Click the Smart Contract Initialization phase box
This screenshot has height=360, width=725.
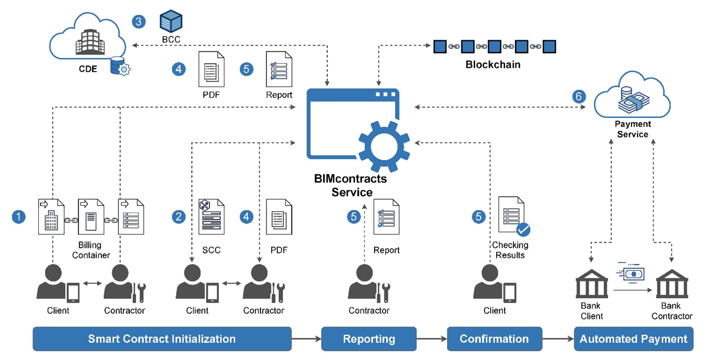(x=162, y=339)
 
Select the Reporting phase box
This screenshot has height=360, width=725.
(x=369, y=339)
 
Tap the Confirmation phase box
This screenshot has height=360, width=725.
(x=494, y=339)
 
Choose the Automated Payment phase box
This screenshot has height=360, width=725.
(x=633, y=339)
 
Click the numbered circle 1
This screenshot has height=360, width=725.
(x=18, y=217)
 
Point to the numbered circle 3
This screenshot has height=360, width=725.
(x=138, y=22)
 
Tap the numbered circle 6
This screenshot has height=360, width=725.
(x=579, y=96)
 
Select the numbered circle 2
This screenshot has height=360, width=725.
(x=178, y=217)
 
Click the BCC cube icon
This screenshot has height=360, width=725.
(x=171, y=21)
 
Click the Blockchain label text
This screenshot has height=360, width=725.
(x=493, y=65)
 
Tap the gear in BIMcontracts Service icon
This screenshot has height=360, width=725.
(x=384, y=147)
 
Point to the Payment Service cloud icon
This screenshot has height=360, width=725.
(x=632, y=97)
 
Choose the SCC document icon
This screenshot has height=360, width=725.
(x=211, y=217)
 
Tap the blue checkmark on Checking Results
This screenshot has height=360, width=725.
(x=523, y=229)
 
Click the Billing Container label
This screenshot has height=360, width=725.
(x=91, y=250)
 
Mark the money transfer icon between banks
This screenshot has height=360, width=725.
(x=631, y=273)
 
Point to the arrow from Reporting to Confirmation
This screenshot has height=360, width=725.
(x=431, y=339)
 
